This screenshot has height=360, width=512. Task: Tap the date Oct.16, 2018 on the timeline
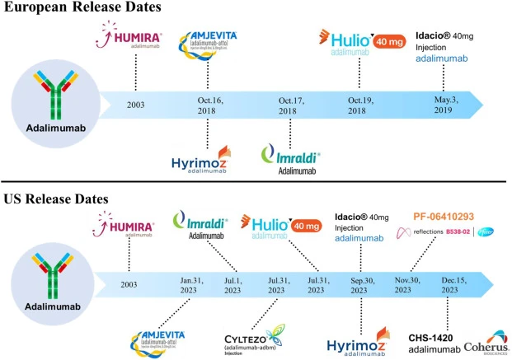coord(218,105)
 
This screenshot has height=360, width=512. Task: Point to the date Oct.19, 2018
coord(364,105)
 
